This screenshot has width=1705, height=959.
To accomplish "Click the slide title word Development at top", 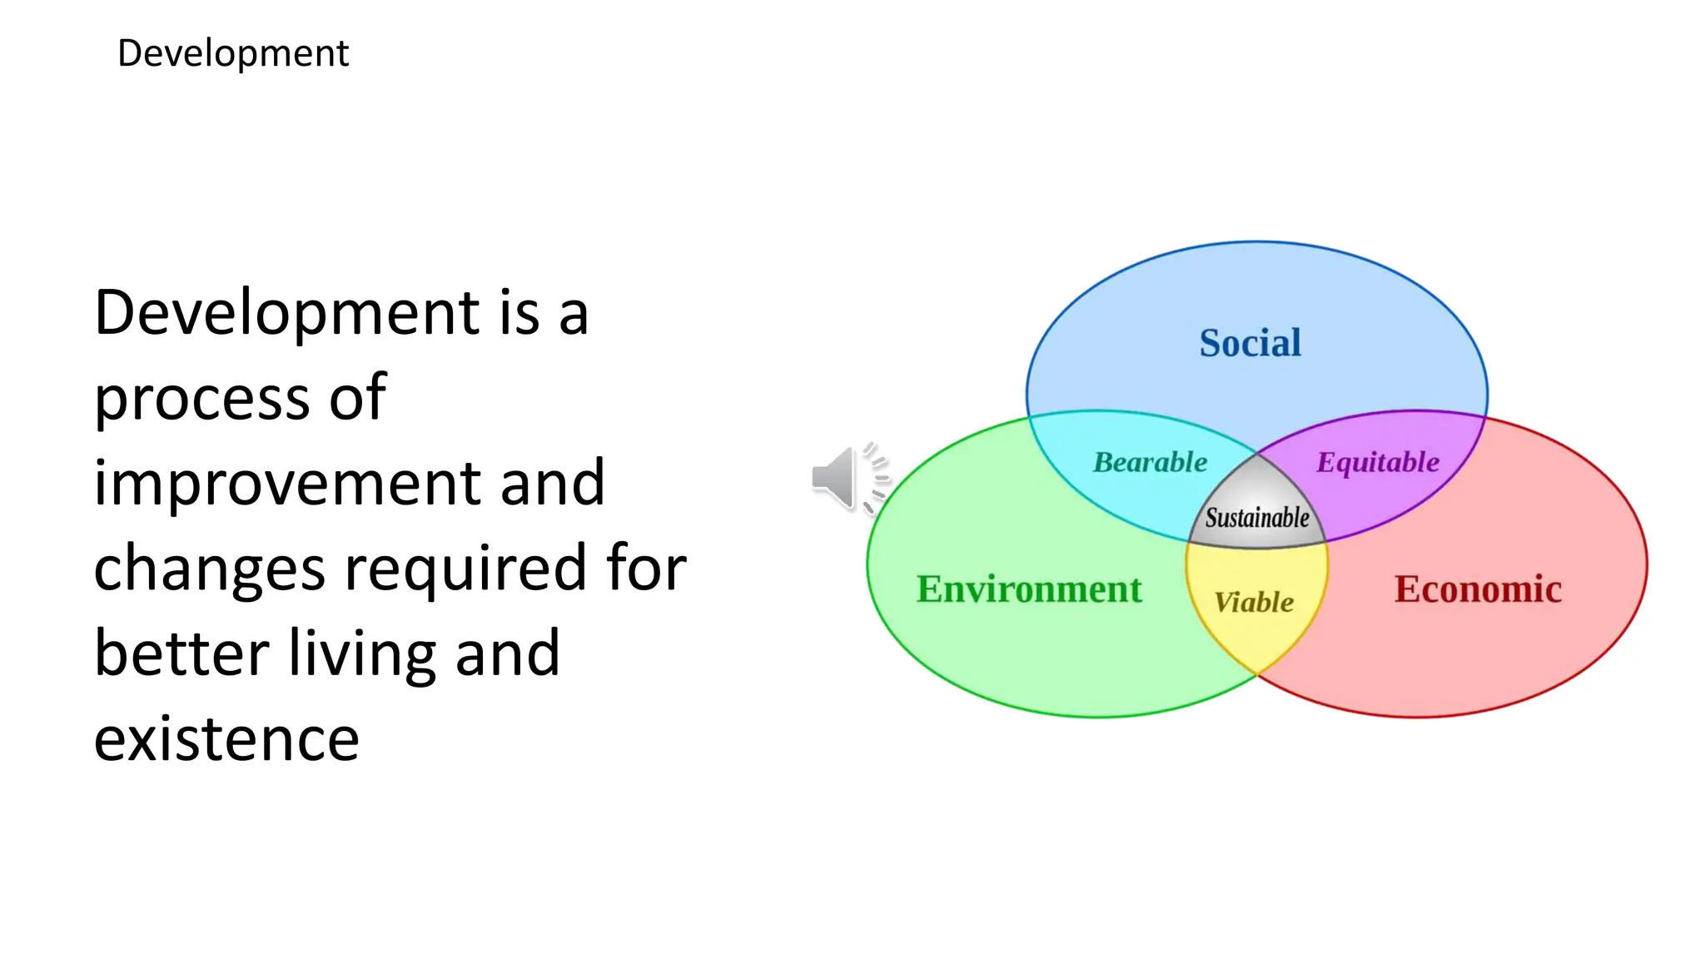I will pos(233,54).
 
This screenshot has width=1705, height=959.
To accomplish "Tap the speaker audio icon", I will pos(849,478).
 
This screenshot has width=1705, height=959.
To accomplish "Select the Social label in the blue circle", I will pos(1250,343).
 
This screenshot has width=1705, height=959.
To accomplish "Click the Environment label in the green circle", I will pos(1029,589).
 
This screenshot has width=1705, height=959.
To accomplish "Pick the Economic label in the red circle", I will pos(1478,589).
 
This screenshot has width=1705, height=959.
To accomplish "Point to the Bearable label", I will pos(1150,462).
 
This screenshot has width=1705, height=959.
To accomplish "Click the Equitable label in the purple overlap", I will pos(1378,462).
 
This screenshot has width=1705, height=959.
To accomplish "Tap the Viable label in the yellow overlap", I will pos(1254,602).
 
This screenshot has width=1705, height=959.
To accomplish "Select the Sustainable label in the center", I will pos(1257,518).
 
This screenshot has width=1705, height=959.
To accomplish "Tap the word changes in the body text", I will pos(209,569).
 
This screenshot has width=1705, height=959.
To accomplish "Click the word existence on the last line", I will pos(226,739).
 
